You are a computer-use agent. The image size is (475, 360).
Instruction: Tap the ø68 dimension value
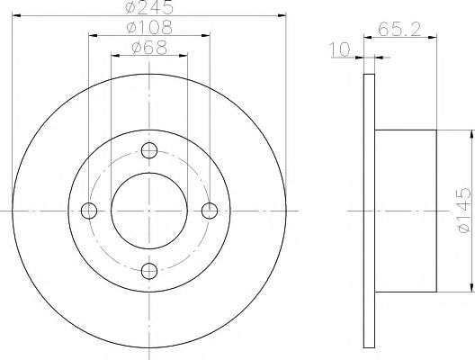click(148, 48)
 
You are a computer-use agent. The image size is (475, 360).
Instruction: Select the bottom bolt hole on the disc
click(149, 271)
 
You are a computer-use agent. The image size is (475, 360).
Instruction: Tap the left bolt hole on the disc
click(88, 211)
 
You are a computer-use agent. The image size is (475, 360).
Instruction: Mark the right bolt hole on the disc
click(210, 211)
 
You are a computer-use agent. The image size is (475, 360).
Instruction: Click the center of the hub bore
click(149, 211)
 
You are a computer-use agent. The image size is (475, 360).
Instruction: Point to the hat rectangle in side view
click(405, 211)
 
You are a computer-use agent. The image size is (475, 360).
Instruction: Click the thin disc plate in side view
click(369, 211)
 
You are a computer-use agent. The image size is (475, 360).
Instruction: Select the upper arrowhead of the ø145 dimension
click(469, 133)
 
